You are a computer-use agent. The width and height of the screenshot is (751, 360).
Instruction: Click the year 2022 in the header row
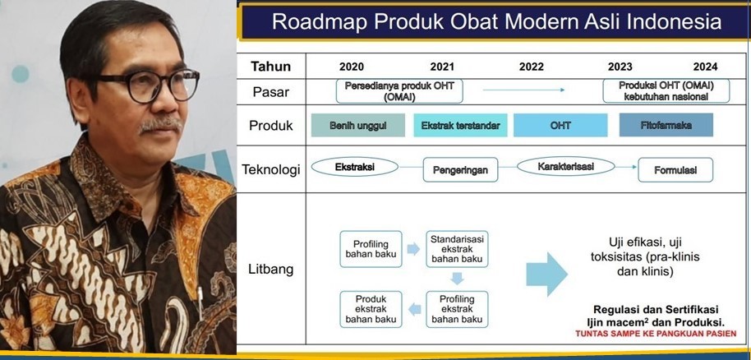tap(531, 67)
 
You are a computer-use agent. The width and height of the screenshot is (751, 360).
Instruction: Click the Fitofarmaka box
tap(666, 125)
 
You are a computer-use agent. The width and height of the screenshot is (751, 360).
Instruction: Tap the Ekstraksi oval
tap(355, 167)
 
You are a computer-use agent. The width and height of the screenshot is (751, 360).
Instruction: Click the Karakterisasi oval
tap(565, 167)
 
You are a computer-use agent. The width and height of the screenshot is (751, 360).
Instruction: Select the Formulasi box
tap(675, 170)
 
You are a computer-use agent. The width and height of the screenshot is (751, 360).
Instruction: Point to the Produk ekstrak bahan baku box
tap(371, 308)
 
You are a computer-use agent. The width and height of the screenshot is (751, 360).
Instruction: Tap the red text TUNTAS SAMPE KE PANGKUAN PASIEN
tap(654, 334)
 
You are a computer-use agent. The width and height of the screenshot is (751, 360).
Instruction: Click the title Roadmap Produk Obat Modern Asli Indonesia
tap(496, 21)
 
